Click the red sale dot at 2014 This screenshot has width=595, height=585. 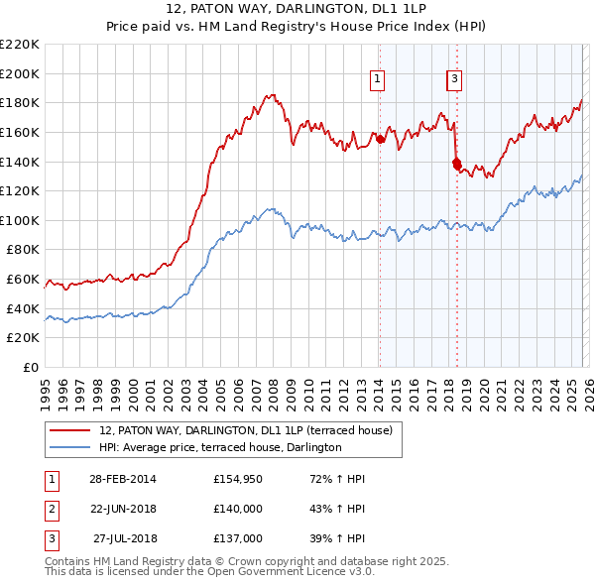[x=380, y=139]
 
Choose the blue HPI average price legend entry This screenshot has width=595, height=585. [x=219, y=447]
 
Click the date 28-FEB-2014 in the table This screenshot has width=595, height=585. [x=122, y=479]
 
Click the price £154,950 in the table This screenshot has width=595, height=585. [x=237, y=479]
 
